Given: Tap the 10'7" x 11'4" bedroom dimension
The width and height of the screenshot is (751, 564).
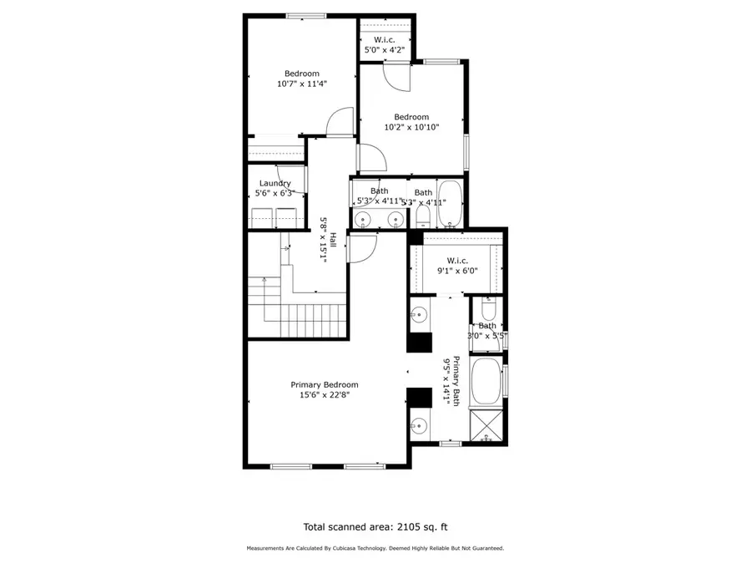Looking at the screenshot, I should [x=301, y=84].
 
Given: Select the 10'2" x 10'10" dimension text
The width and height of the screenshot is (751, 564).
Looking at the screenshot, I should [x=411, y=128].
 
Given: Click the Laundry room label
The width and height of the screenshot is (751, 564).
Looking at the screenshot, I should [x=275, y=183].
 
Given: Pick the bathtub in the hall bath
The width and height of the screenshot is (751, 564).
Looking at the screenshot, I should [x=451, y=204].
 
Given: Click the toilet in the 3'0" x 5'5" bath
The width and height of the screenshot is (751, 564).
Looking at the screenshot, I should [x=487, y=307].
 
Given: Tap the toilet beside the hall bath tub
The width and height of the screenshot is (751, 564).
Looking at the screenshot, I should [x=423, y=217].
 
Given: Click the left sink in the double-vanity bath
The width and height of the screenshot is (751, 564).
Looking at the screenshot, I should [x=363, y=220].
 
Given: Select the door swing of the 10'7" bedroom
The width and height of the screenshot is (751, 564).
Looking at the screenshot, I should [x=340, y=122].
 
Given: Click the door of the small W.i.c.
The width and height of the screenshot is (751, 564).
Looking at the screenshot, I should [x=396, y=77].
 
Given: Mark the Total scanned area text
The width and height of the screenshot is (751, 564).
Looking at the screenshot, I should [x=375, y=527].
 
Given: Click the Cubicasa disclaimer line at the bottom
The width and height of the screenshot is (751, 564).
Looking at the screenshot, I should [x=375, y=548].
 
